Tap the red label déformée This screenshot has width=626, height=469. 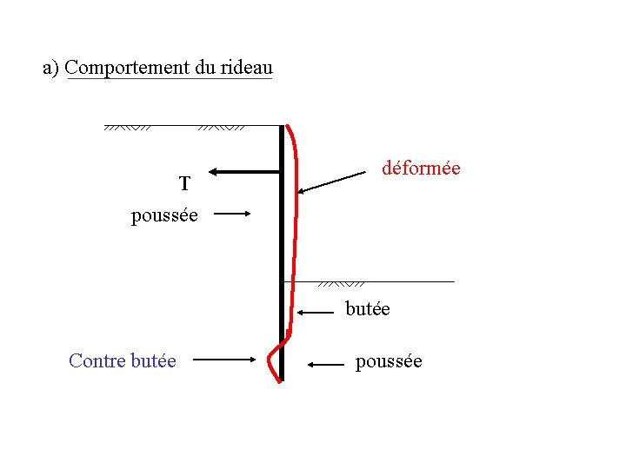click(421, 168)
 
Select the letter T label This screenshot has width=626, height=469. click(184, 184)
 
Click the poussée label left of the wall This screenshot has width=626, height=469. click(164, 215)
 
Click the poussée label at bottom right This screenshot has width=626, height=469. click(389, 361)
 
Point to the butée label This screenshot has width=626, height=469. click(368, 308)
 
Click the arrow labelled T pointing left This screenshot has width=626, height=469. click(245, 172)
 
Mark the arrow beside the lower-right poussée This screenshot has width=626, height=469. click(326, 366)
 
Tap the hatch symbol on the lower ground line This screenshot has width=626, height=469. click(340, 283)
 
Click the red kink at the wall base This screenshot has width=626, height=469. click(270, 357)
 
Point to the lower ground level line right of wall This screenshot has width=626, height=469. click(409, 281)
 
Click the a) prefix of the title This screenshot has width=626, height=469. click(51, 67)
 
